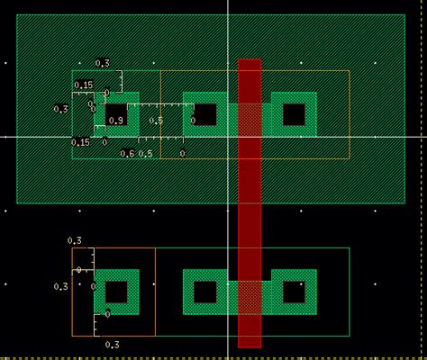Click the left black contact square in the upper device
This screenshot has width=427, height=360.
pos(115,114)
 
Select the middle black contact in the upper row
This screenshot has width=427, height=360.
pos(204,114)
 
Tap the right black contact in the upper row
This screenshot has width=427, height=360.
pos(294,114)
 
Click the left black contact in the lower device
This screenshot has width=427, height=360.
pos(115,292)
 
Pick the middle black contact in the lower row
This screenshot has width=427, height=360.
pos(204,292)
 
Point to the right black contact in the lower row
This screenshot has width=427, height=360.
pos(294,292)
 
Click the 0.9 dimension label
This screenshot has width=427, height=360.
pos(115,121)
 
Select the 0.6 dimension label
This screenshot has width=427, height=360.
pos(127,154)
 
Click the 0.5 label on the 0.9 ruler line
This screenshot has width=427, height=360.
pos(156,121)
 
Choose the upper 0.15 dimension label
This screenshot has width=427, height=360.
pos(83,85)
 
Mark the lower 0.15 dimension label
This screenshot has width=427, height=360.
pos(80,142)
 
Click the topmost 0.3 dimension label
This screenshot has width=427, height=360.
pos(102,63)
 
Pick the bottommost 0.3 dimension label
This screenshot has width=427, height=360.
pos(112,345)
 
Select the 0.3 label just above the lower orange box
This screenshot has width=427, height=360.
pos(74,240)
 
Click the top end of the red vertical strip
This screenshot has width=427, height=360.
pos(250,62)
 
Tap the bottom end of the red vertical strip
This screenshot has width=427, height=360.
pos(250,346)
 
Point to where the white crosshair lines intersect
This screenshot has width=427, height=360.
pos(228,137)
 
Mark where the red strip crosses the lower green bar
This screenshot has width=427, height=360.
pos(250,296)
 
